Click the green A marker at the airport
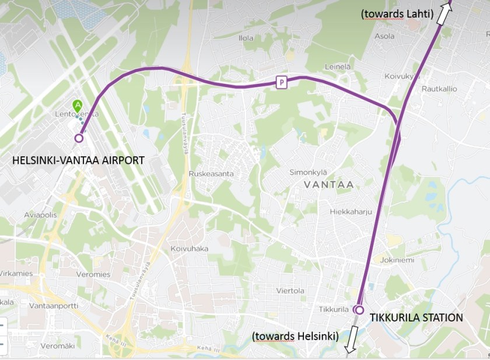point(77,106)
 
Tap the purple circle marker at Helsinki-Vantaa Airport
point(79,138)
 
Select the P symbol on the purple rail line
point(282,82)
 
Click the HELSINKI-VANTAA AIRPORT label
point(78,160)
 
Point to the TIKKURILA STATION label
point(416,318)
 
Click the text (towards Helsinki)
point(295,337)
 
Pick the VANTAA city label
point(328,184)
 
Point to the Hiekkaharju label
point(351,212)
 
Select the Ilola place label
point(246,38)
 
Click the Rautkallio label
point(439,89)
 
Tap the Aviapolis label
point(41,215)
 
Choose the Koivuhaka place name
point(189,249)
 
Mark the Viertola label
point(290,291)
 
